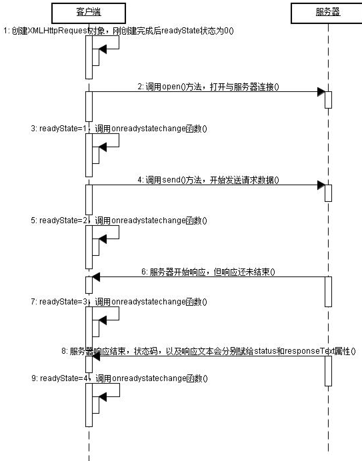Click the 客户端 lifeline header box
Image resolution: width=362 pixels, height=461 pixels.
(x=89, y=13)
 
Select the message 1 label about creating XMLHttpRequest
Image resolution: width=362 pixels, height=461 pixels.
(x=119, y=31)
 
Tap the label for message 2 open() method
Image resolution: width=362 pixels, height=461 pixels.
(x=208, y=87)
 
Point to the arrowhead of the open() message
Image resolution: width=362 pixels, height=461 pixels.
(x=321, y=92)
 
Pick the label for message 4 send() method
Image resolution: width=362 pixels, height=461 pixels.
(x=208, y=180)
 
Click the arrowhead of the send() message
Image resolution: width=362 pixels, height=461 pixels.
(x=321, y=185)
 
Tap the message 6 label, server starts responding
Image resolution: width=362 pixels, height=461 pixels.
(x=208, y=272)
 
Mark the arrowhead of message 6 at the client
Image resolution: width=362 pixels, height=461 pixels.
(x=96, y=277)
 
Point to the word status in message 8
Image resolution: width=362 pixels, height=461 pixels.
(x=265, y=351)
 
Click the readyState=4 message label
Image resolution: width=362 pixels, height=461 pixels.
(x=120, y=378)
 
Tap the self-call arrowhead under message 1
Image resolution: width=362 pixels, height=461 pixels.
(x=103, y=49)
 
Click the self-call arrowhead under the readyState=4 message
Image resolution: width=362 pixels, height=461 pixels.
(x=103, y=397)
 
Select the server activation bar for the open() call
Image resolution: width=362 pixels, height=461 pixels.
(x=328, y=100)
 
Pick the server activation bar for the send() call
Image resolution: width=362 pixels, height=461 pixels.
(x=328, y=193)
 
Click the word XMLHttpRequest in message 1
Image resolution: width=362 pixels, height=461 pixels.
(x=57, y=31)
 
